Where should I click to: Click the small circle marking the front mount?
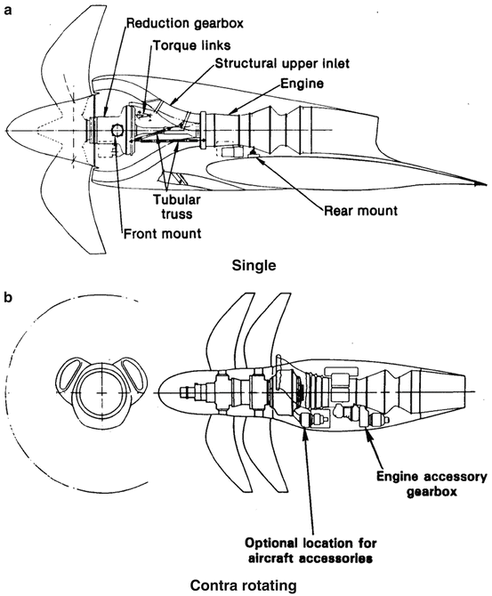[x=116, y=132]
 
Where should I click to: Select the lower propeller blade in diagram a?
[x=62, y=209]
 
